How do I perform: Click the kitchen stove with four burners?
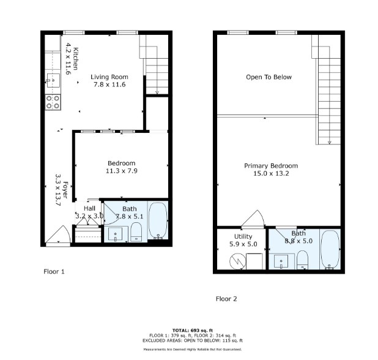[53, 102]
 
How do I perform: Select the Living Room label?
[109, 77]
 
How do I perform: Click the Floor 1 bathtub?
[158, 223]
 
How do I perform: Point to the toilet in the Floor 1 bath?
[136, 232]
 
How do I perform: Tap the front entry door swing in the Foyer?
[59, 236]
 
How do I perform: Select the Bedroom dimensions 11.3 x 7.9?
[121, 172]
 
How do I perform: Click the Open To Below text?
[269, 77]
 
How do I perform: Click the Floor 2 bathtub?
[329, 251]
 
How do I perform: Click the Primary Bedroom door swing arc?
[253, 219]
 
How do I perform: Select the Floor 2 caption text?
[226, 299]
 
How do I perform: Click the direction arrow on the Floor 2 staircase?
[329, 142]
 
